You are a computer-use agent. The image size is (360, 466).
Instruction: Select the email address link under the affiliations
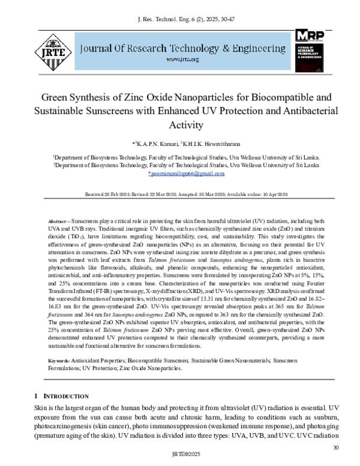[x=185, y=174]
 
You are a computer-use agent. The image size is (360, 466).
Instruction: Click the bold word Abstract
[x=59, y=222]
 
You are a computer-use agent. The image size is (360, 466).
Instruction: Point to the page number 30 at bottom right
[x=336, y=447]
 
